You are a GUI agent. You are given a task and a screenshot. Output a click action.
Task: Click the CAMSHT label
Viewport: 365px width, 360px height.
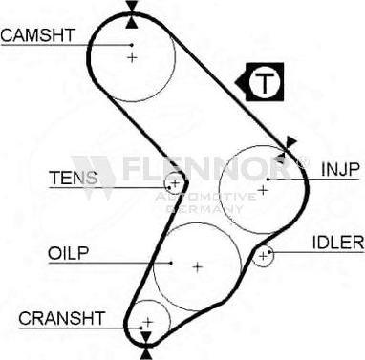point(37,36)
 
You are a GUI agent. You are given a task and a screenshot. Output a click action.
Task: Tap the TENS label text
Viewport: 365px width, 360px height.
point(74,178)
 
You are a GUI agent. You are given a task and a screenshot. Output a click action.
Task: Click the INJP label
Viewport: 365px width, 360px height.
point(339,169)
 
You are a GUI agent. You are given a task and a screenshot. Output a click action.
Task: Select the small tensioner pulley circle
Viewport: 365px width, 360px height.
point(174,182)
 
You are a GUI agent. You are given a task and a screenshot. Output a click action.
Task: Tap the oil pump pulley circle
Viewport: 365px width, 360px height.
point(197,265)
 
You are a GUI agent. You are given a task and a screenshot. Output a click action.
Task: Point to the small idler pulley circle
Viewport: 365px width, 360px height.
point(264,256)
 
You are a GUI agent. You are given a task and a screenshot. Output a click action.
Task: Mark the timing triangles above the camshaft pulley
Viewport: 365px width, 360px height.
point(131,11)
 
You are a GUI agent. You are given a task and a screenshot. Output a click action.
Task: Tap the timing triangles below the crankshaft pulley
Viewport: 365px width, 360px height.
point(144,345)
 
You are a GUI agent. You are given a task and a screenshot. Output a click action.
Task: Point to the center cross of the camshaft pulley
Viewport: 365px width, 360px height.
point(133,57)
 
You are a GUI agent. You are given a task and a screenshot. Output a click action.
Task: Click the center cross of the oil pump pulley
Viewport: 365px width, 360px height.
point(197,266)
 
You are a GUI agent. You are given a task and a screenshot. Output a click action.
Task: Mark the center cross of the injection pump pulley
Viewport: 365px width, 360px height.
point(261,188)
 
